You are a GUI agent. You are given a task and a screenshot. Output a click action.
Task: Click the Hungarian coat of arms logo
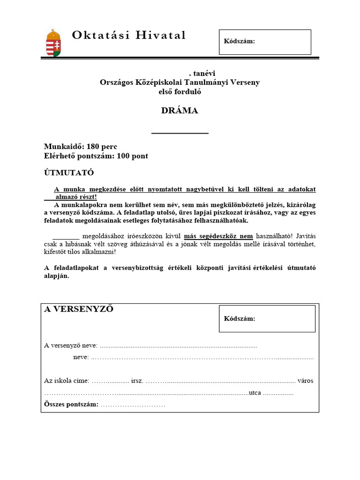tap(53, 43)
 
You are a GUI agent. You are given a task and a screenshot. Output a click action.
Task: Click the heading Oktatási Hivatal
tap(129, 35)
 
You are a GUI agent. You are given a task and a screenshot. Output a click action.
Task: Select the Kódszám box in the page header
tap(265, 42)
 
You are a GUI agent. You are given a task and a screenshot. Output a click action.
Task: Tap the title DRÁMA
tap(180, 111)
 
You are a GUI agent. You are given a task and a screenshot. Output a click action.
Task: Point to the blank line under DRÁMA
tap(180, 134)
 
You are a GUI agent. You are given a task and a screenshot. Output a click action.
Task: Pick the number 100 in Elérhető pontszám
tap(117, 156)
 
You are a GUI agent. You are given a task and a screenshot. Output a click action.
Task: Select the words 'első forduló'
tap(180, 91)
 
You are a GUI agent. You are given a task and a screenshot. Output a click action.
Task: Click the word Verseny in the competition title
tap(244, 82)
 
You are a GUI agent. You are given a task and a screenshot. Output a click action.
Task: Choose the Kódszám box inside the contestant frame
tap(267, 319)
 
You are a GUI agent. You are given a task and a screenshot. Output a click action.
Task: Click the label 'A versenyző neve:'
tap(71, 345)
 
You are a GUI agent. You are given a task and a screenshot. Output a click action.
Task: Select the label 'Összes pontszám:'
tap(71, 404)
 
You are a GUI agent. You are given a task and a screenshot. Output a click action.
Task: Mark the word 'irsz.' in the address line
tap(137, 381)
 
